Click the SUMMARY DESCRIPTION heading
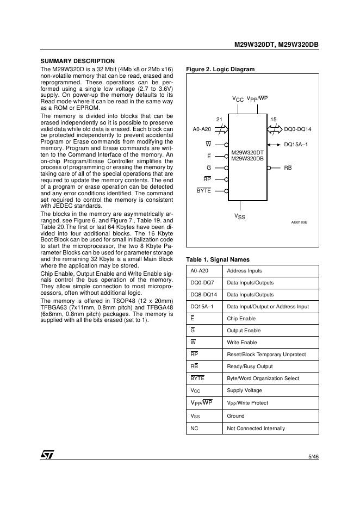pos(78,61)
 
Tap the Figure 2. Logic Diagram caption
pos(220,69)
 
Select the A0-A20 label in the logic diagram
pos(202,129)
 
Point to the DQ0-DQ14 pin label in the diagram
pos(298,129)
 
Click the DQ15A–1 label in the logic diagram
pos(296,144)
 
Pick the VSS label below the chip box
pos(240,216)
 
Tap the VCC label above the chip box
pos(238,99)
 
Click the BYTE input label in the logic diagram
pos(203,191)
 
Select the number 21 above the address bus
pos(219,119)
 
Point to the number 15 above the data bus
pos(273,119)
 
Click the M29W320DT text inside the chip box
pos(247,152)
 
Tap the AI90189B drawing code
pos(299,222)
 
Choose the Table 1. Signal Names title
pos(218,259)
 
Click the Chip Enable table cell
pos(241,319)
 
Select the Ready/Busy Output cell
pos(250,367)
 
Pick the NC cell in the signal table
pos(194,429)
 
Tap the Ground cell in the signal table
pos(235,416)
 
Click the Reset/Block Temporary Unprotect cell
pos(266,355)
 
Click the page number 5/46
pos(313,456)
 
